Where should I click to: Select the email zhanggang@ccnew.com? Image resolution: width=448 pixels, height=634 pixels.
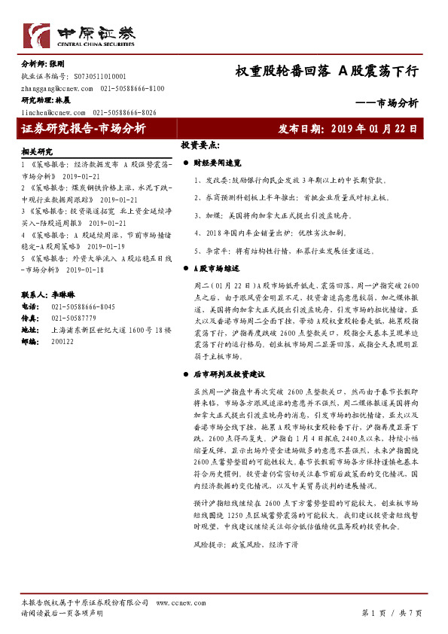point(56,88)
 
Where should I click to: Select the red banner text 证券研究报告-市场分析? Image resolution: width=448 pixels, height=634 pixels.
point(84,129)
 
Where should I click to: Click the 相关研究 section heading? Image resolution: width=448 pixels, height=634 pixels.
point(37,151)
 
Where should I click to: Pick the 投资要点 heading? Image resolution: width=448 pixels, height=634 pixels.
point(200,145)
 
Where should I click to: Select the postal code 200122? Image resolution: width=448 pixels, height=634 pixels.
point(62,340)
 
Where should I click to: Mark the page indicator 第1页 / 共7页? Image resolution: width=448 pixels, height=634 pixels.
point(392,613)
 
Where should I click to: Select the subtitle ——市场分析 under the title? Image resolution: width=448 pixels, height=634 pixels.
point(386,103)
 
